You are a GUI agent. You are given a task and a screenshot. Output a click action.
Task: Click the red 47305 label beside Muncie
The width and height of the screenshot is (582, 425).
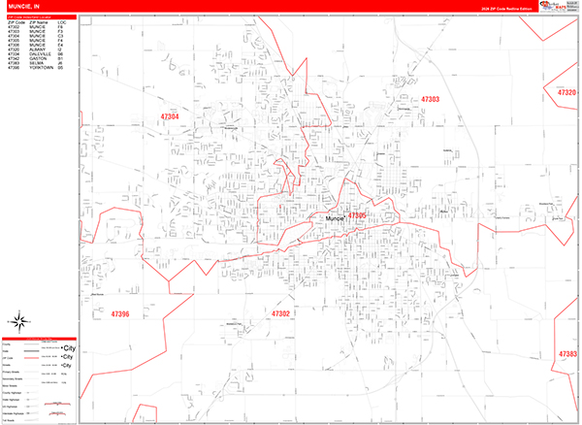point(358,215)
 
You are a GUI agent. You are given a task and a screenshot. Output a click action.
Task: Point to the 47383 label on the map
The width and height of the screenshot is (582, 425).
point(568,354)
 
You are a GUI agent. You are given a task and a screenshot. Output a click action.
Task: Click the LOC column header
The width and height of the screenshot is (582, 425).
point(61,20)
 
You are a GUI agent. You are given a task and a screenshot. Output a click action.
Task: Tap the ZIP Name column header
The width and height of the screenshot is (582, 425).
point(39,20)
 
